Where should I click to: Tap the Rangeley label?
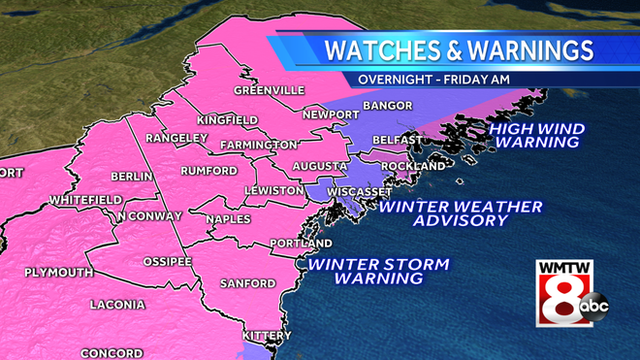[177, 138]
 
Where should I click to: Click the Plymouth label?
[58, 272]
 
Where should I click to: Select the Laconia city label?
[117, 305]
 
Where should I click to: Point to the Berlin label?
[132, 177]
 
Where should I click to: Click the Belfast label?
[397, 140]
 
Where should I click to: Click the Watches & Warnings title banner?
[458, 49]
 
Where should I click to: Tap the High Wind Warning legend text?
[535, 135]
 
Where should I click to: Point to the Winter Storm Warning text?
[379, 271]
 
